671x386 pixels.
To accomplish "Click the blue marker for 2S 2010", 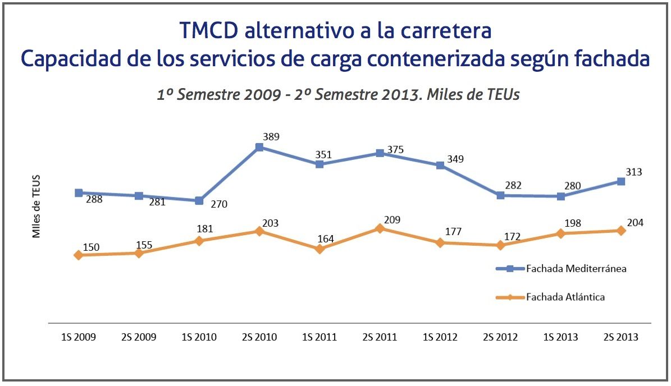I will tap(259, 147).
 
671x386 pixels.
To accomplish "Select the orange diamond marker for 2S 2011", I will tap(380, 228).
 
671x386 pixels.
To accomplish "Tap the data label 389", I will tap(271, 136).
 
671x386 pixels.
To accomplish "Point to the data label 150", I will tap(91, 247).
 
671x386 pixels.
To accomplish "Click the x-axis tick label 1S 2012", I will tap(440, 337).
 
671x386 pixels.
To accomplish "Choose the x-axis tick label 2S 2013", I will tap(620, 337).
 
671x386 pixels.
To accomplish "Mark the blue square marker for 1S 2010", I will tap(199, 200).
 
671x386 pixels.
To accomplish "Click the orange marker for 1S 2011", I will tap(319, 249).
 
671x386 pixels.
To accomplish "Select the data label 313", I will tap(633, 172).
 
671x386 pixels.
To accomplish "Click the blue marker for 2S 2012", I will tap(500, 195).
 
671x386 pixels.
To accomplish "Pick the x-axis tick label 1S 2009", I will tap(78, 337).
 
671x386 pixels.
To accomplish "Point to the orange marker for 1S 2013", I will tap(561, 233).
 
